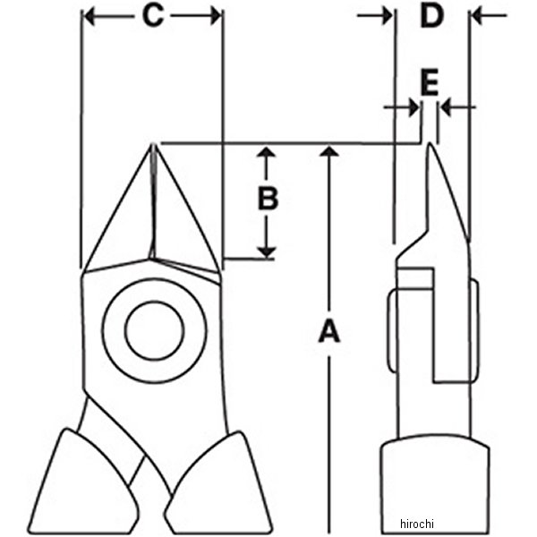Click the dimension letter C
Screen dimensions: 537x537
pyautogui.click(x=153, y=16)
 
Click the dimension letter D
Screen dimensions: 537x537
pyautogui.click(x=432, y=16)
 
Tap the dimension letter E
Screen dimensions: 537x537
pyautogui.click(x=430, y=81)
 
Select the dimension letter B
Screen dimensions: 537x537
pyautogui.click(x=268, y=198)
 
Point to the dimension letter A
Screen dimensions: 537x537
pyautogui.click(x=329, y=331)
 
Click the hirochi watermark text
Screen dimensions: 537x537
pyautogui.click(x=417, y=524)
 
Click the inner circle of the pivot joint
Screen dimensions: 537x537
pyautogui.click(x=154, y=330)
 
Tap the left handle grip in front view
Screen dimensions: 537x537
pyautogui.click(x=83, y=483)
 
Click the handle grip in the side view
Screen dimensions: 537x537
pyautogui.click(x=435, y=485)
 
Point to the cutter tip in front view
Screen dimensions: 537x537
pyautogui.click(x=154, y=145)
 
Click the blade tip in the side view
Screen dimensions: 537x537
pyautogui.click(x=429, y=144)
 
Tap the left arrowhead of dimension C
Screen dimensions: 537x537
pyautogui.click(x=89, y=16)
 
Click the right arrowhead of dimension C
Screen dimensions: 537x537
pyautogui.click(x=216, y=16)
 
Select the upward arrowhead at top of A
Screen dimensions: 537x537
pyautogui.click(x=329, y=151)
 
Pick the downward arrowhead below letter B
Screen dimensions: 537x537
pyautogui.click(x=267, y=252)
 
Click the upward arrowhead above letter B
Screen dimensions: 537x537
pyautogui.click(x=267, y=152)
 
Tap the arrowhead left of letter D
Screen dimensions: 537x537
pyautogui.click(x=388, y=16)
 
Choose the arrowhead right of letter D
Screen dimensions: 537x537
pyautogui.click(x=477, y=16)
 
